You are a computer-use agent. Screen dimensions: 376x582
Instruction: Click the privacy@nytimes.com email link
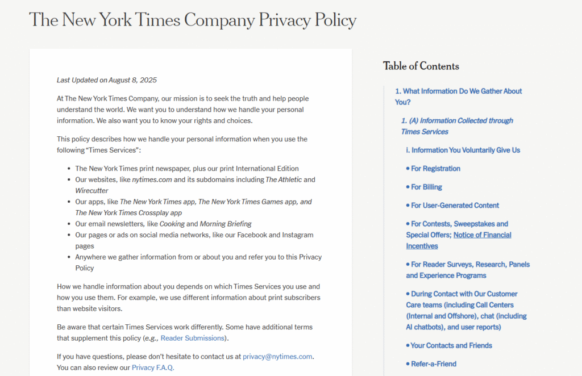point(277,357)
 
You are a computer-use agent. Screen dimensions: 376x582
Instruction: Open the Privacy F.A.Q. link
point(153,367)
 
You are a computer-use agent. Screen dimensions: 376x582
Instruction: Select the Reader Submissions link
point(193,339)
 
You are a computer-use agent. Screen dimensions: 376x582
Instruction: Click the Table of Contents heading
point(421,66)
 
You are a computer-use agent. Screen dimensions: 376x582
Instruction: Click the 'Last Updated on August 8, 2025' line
point(107,80)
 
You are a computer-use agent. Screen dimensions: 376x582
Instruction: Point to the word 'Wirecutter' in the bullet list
point(92,191)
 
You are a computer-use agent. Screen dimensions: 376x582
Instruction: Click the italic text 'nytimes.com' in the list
point(152,180)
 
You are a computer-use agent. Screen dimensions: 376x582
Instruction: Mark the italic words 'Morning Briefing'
point(226,224)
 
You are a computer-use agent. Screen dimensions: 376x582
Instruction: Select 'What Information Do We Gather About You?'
point(458,97)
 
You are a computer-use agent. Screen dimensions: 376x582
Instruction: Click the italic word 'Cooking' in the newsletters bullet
point(172,224)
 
